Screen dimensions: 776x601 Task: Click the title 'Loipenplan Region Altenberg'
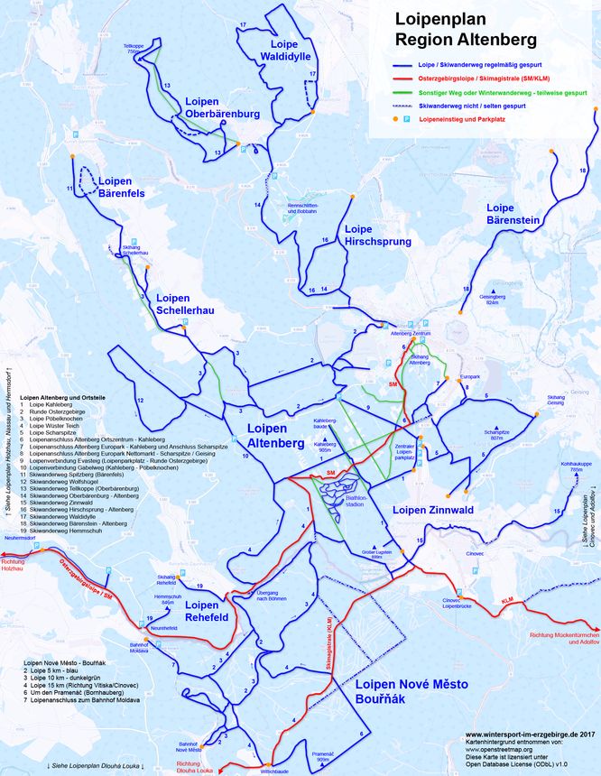465,30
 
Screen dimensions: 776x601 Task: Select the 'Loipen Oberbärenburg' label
222,107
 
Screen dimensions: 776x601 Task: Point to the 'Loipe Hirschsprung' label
370,235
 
